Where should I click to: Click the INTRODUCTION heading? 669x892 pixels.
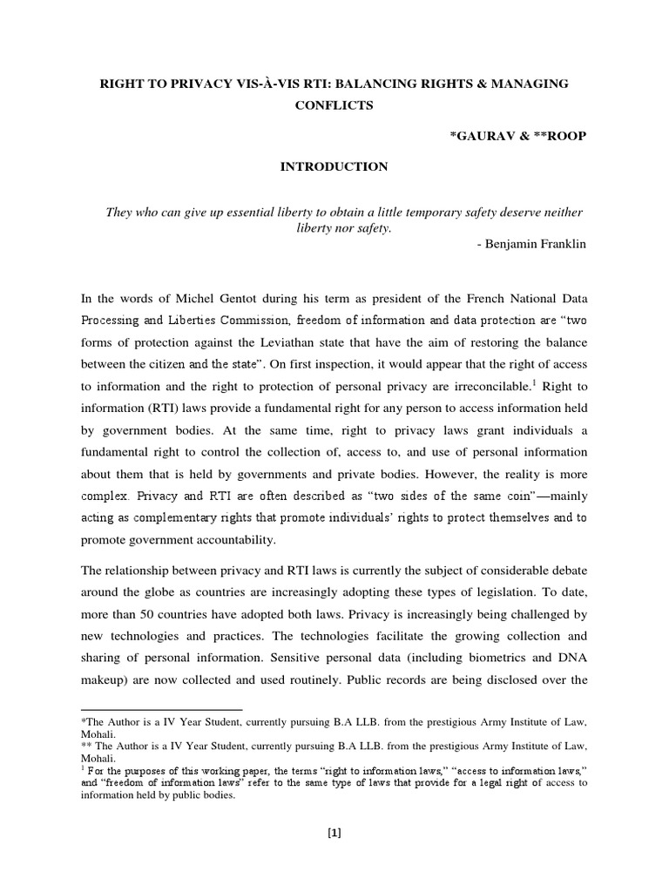click(334, 166)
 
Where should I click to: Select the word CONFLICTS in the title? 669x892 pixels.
click(334, 105)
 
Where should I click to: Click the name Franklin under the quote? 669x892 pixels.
click(562, 244)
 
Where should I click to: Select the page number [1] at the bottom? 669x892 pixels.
click(334, 832)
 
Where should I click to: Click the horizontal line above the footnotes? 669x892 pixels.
click(161, 710)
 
